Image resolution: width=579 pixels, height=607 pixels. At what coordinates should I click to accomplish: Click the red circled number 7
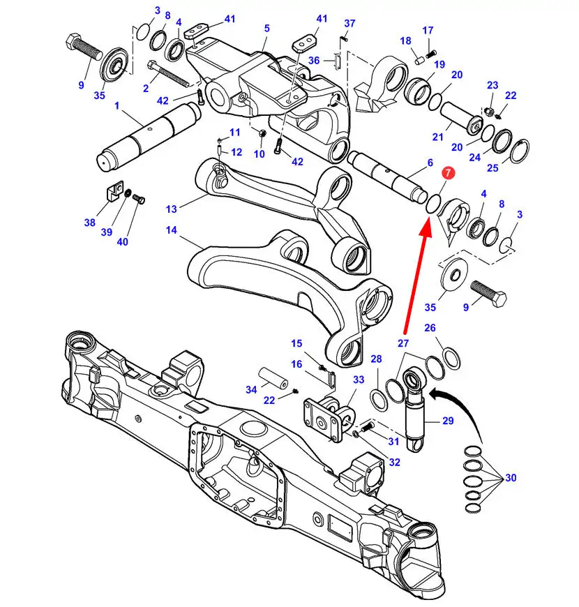coord(448,172)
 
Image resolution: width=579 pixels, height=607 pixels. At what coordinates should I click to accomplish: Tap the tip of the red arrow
coord(428,218)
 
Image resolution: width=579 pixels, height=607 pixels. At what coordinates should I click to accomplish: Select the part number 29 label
coord(448,421)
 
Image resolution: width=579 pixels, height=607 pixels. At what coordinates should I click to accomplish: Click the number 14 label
coord(171,230)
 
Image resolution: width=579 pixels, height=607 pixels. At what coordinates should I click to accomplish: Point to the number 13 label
coord(171,209)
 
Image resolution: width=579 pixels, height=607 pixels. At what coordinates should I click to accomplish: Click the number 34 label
coord(251,390)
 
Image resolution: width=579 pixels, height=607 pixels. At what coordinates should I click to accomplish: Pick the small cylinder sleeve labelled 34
coord(273,378)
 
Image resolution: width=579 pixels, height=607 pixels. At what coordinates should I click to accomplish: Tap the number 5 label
coord(267,29)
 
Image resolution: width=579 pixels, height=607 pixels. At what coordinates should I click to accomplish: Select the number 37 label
coord(349,23)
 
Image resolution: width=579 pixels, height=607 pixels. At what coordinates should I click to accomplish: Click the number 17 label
coord(428,30)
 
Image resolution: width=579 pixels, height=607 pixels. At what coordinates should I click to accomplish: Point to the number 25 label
coord(492,168)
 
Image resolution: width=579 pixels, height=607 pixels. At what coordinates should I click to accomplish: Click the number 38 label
coord(90,223)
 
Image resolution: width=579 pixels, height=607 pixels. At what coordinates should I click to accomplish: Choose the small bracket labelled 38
coord(114,190)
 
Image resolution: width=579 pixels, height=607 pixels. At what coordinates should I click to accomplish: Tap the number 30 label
coord(511,478)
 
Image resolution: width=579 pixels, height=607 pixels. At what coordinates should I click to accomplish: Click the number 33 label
coord(359,380)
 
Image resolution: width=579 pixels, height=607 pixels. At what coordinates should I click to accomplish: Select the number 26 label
coord(430,328)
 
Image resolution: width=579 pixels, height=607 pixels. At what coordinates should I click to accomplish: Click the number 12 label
coord(236,152)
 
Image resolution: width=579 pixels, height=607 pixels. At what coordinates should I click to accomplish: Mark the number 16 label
coord(297,364)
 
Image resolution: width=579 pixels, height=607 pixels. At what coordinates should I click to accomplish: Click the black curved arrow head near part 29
coord(433,395)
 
